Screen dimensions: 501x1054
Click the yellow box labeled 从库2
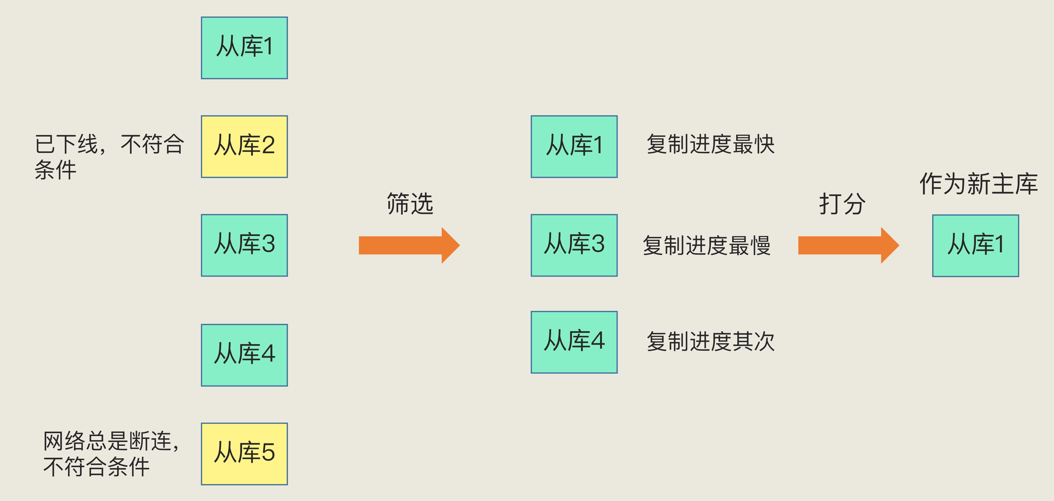244,147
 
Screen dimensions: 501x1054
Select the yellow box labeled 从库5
244,454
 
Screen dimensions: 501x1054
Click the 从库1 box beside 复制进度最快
574,147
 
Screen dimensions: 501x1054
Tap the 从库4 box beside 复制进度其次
574,342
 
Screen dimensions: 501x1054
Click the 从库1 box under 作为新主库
975,246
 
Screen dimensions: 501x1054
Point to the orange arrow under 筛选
409,245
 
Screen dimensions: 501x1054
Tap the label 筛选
410,204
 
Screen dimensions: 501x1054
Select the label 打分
842,204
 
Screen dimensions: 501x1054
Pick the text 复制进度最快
710,144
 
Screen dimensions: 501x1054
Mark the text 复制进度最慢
707,245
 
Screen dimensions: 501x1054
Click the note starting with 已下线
109,156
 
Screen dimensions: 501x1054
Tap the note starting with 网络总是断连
111,454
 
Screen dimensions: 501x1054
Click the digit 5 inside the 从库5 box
268,453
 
